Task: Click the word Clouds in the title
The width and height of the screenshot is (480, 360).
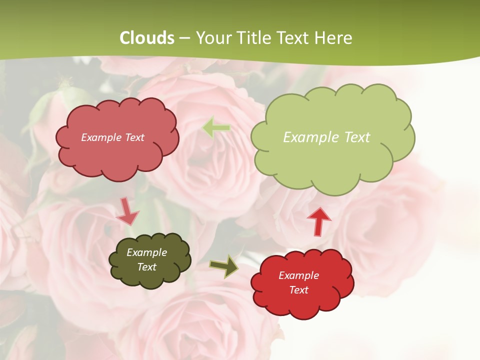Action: point(146,38)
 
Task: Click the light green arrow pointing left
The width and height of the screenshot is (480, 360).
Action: point(216,128)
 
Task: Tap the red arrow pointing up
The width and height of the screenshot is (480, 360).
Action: point(319,221)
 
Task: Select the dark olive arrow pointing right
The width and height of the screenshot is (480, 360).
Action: point(223,266)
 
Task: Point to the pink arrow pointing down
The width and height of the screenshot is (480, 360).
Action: point(127,211)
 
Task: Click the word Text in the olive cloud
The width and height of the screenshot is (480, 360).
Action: point(147,267)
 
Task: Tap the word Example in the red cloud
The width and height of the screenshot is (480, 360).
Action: point(298,275)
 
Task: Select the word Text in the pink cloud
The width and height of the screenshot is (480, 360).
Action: point(134,137)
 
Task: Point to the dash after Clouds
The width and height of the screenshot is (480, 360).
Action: point(184,38)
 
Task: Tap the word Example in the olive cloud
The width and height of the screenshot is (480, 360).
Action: point(146,252)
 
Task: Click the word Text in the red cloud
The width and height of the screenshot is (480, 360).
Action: point(298,290)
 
